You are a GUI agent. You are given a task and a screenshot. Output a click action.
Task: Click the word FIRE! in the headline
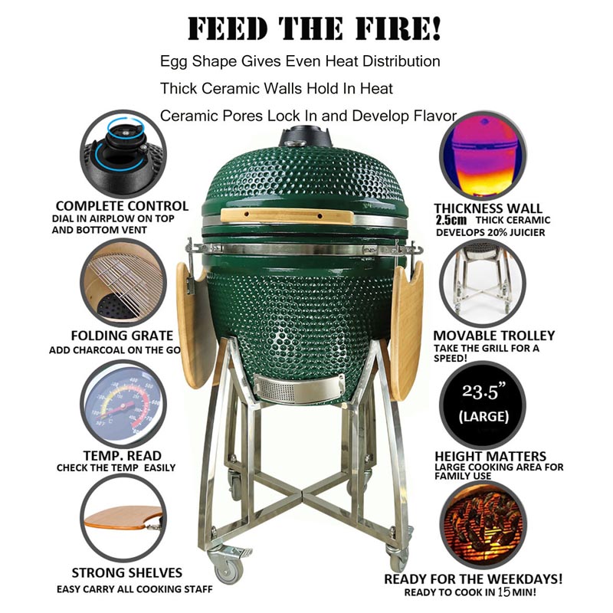coord(398,28)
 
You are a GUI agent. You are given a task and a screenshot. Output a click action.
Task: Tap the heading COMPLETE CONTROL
coord(122,206)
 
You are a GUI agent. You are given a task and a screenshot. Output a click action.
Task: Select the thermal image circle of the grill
coord(484,156)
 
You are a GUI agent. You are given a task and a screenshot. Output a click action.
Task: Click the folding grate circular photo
coord(123,283)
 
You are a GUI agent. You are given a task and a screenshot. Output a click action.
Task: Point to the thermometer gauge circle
coord(123,404)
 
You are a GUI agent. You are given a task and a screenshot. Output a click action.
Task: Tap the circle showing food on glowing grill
coord(484,525)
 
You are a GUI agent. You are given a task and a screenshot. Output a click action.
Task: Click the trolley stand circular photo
coord(484,283)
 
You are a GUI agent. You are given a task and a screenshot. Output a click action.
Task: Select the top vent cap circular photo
coord(123,154)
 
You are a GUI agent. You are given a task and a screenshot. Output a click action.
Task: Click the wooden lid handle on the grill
coord(287,216)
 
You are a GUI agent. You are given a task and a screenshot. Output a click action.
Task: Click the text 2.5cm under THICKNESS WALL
coord(451,220)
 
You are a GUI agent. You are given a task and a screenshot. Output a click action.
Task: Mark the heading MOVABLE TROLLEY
coord(494,336)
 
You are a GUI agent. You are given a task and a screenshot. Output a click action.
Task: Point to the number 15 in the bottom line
coord(504,592)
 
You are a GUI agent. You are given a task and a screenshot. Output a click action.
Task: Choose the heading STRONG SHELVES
coord(127,572)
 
